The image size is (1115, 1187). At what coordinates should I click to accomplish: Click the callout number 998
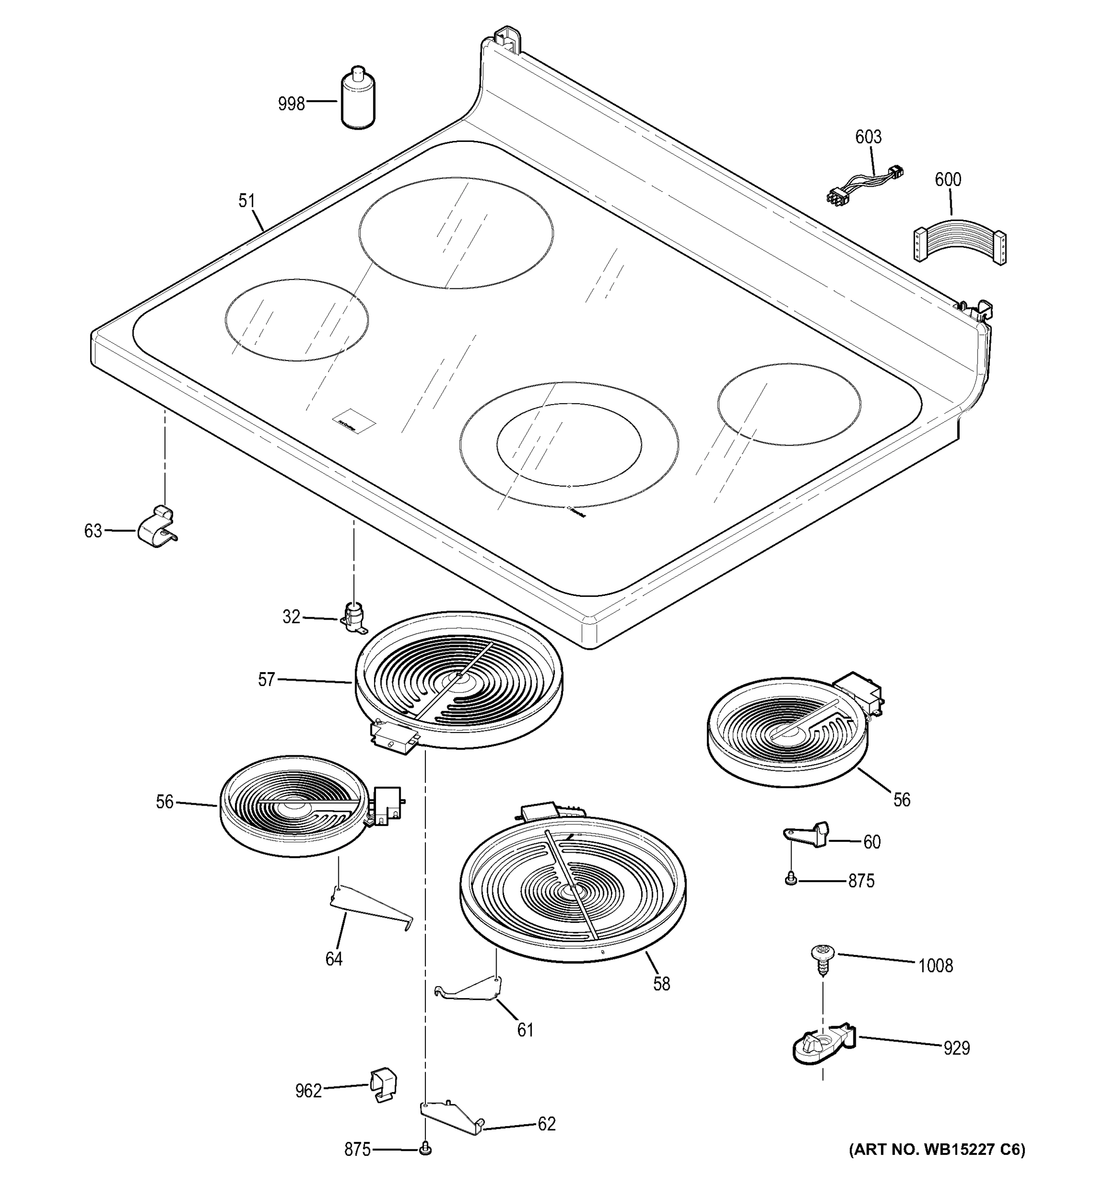point(291,104)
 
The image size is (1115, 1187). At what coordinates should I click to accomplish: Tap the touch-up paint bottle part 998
point(358,99)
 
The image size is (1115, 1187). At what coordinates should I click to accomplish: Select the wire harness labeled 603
point(864,182)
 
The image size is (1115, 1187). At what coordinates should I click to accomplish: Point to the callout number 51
point(247,201)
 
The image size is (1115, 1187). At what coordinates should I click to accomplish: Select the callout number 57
point(266,680)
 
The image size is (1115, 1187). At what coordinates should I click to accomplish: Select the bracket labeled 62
point(452,1118)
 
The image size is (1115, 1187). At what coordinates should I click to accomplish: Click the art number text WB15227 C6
point(936,1149)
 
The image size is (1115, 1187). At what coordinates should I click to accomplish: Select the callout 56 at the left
point(165,802)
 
